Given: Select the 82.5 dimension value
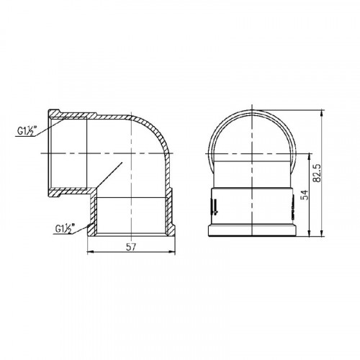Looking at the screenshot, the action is pos(318,174).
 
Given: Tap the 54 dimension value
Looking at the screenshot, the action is pos(304,194).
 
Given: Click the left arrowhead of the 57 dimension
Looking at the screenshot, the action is pos(90,252).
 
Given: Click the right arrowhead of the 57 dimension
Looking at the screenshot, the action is pos(172,252).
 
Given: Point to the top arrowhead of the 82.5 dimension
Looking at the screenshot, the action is pos(322,113).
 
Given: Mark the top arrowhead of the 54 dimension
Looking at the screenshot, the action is pos(310,156).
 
